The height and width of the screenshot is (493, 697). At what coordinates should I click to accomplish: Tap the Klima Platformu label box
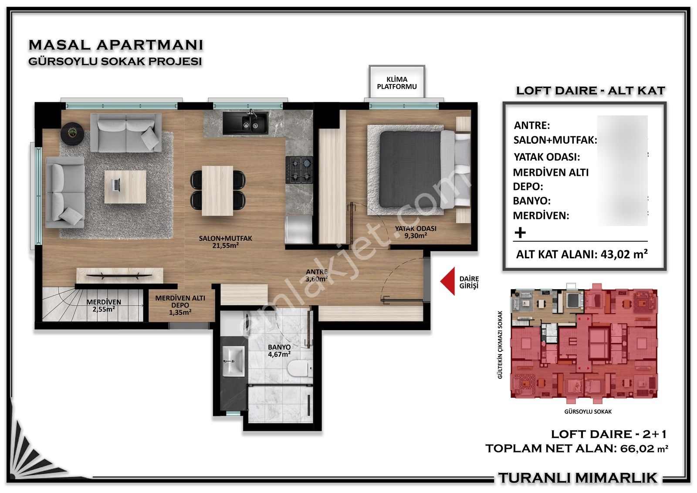click(x=397, y=83)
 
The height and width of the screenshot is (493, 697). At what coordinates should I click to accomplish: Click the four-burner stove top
click(x=300, y=170)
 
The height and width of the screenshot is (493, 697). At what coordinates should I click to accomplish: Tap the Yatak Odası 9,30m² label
click(x=416, y=232)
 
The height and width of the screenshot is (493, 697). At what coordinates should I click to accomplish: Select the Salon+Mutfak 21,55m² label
click(x=225, y=242)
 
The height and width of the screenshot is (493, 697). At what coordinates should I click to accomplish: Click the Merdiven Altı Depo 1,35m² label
click(x=180, y=305)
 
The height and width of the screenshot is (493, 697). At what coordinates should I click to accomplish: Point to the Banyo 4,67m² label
click(x=279, y=351)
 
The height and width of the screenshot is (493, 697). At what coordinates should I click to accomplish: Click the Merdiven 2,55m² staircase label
click(x=104, y=305)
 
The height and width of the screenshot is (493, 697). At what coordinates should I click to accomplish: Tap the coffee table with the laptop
click(x=125, y=186)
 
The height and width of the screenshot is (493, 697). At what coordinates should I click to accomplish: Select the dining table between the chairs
click(x=217, y=190)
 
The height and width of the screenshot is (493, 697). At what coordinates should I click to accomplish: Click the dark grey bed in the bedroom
click(x=409, y=169)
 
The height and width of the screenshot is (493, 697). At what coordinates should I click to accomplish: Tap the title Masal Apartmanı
click(x=116, y=44)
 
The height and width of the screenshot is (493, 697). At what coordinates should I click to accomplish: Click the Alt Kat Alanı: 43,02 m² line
click(x=582, y=254)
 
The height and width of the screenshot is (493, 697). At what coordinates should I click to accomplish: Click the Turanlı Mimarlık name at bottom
click(x=578, y=478)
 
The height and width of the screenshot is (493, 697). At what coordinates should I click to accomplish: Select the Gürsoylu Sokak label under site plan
click(x=588, y=412)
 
